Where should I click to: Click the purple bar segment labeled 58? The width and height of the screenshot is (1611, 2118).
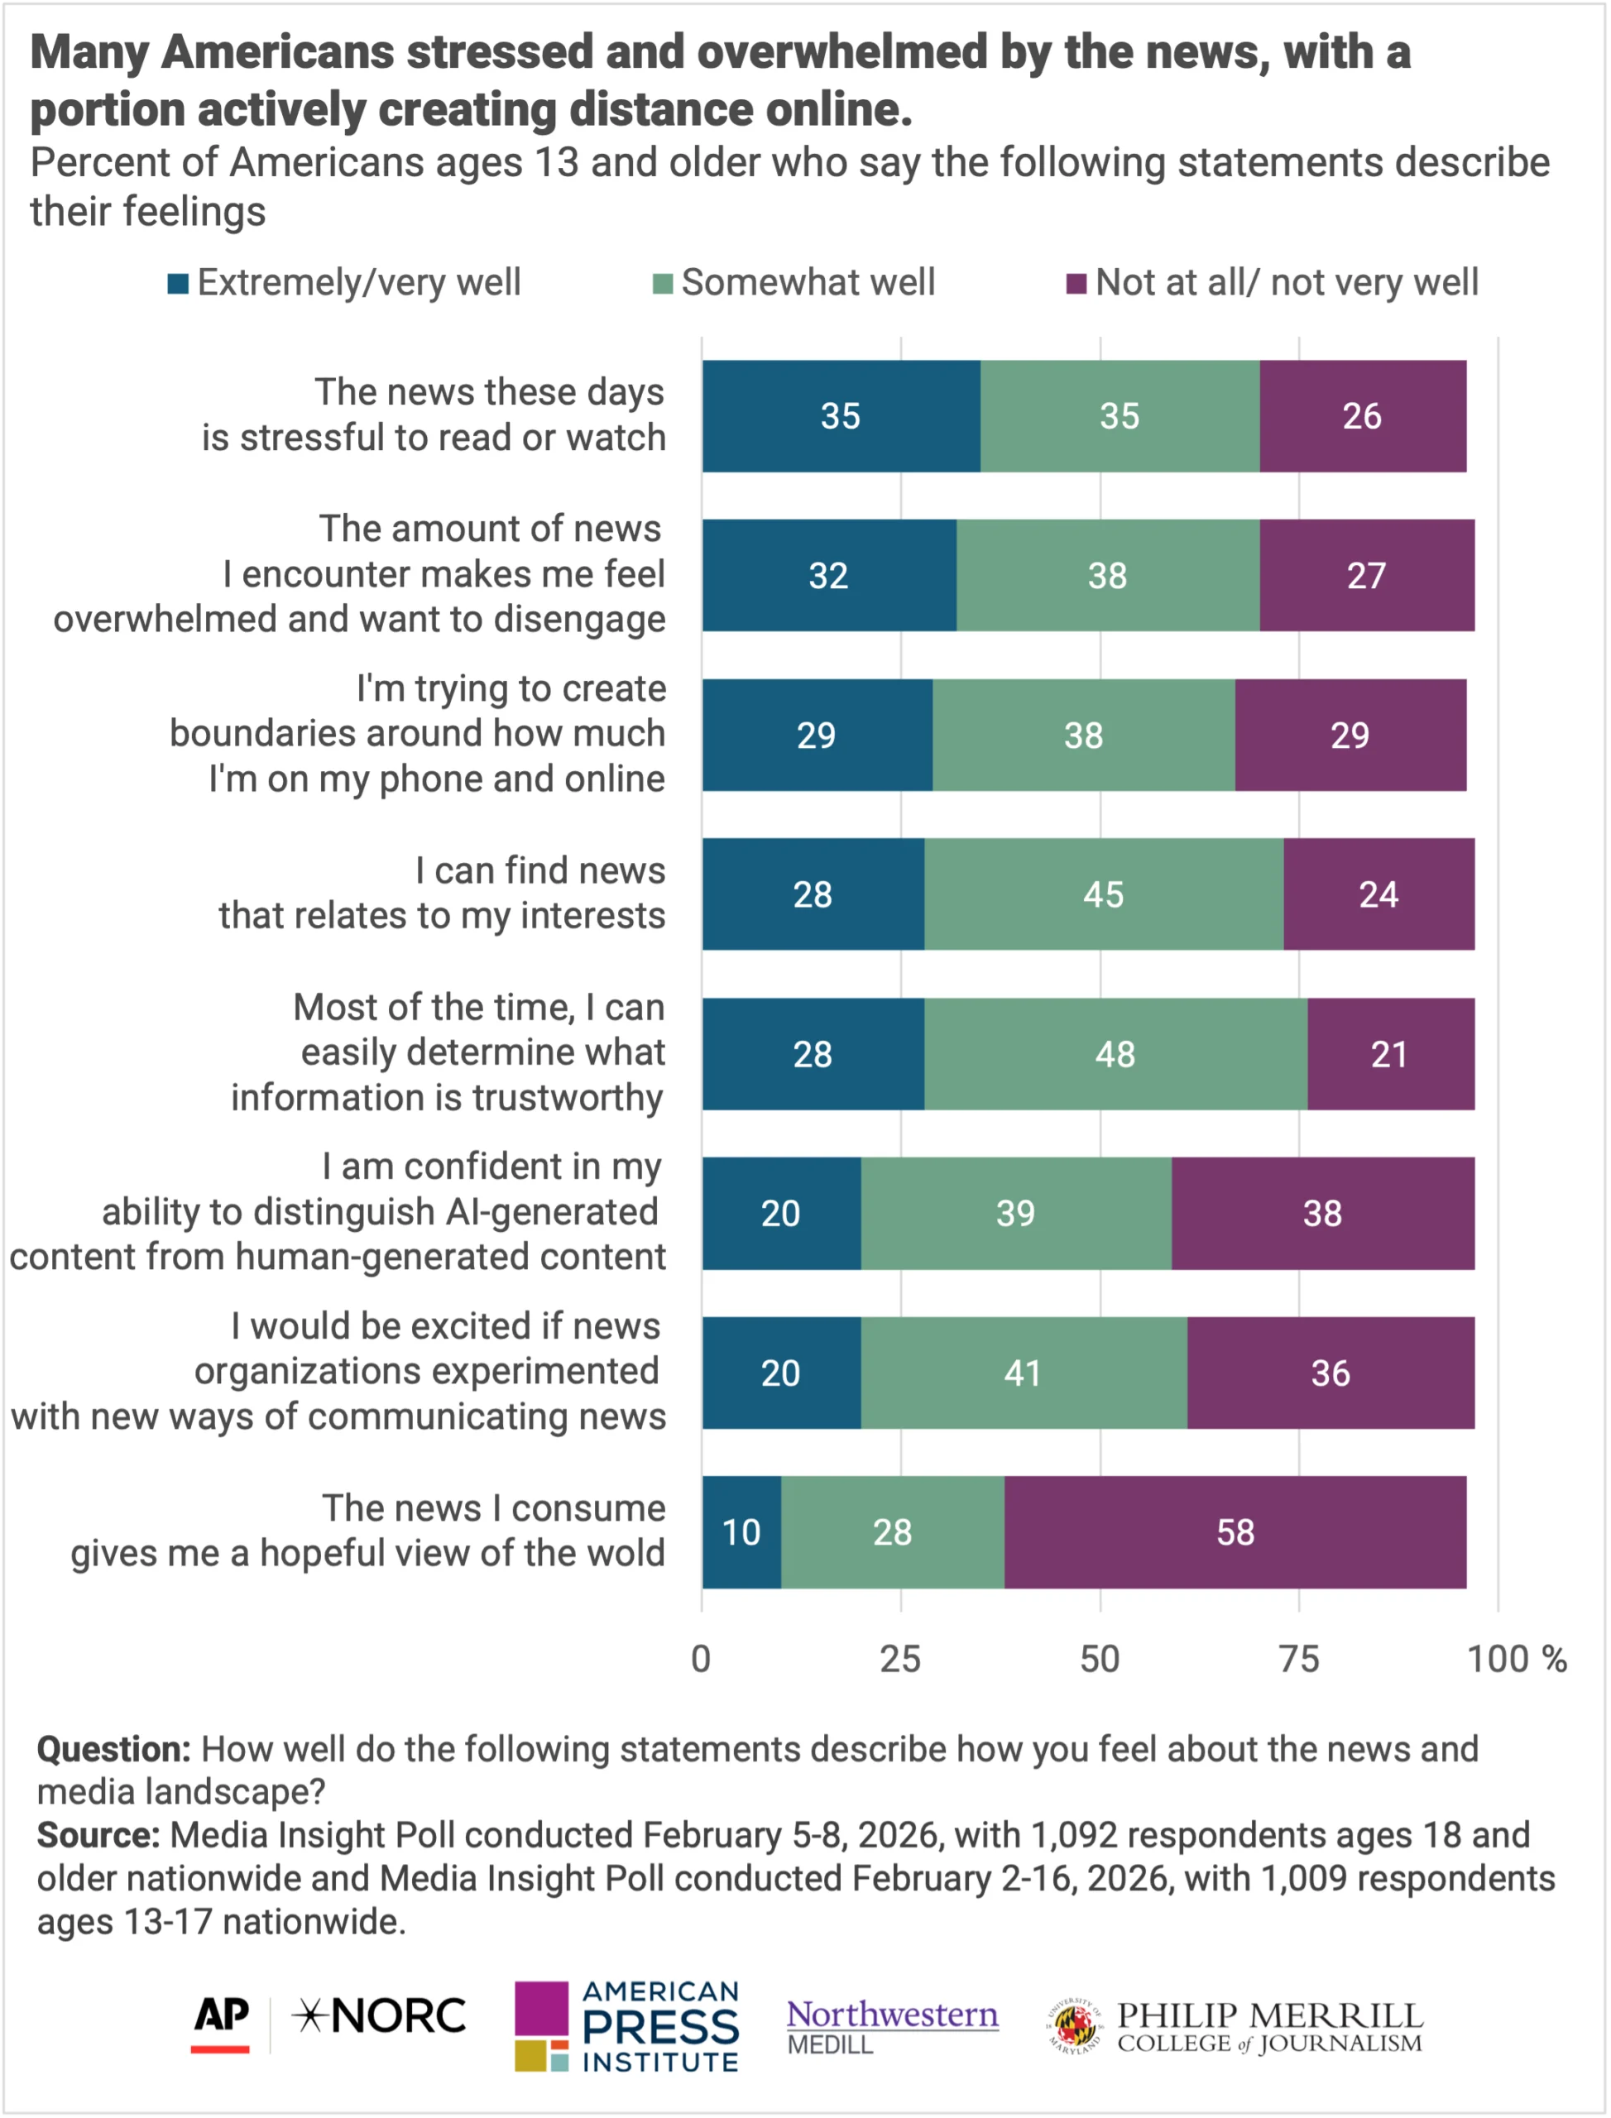tap(1235, 1531)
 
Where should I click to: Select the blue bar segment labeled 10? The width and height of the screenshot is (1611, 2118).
tap(741, 1531)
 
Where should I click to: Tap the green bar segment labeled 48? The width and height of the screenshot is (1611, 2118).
tap(1115, 1054)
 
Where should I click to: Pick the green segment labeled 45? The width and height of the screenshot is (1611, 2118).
tap(1104, 894)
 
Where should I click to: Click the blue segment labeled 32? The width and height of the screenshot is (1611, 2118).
tap(828, 575)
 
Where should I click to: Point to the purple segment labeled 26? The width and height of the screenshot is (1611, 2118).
tap(1362, 416)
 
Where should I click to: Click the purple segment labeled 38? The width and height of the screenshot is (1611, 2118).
tap(1322, 1213)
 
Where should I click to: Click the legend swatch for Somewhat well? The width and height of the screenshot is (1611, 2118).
tap(662, 284)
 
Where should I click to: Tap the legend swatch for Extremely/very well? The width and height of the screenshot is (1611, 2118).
tap(177, 284)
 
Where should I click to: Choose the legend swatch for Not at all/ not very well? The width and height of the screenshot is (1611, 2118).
tap(1076, 284)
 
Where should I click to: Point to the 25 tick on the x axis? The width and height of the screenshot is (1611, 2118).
tap(900, 1659)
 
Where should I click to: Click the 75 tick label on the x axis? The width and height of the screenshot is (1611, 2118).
tap(1299, 1659)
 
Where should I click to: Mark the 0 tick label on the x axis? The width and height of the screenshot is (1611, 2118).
tap(701, 1659)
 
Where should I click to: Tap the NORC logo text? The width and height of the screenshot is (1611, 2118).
tap(380, 2015)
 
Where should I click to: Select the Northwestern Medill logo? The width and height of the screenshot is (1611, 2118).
tap(892, 2025)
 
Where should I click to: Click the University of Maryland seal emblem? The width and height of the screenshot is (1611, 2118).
tap(1074, 2025)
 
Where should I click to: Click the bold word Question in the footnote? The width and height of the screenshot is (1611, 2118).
tap(114, 1749)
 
